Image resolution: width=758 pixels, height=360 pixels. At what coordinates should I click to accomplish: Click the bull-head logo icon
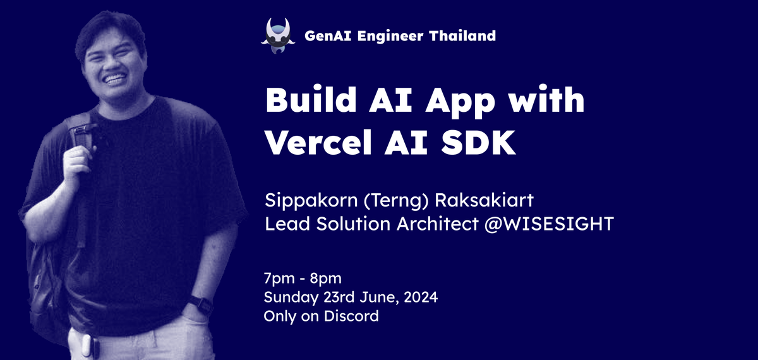coord(277,36)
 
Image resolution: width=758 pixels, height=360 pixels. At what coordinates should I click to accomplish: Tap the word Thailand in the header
coord(462,36)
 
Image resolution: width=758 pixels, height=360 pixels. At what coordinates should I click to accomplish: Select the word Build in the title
coord(311,100)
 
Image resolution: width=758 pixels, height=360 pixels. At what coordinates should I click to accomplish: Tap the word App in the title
coord(460,102)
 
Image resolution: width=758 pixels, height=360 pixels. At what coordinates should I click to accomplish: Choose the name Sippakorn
coord(311,201)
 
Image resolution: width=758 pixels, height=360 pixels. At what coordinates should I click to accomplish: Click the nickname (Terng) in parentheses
coord(396,201)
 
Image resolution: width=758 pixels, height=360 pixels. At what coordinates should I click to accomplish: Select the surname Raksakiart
coord(484,200)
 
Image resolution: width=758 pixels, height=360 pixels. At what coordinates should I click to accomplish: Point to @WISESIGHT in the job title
coord(549,224)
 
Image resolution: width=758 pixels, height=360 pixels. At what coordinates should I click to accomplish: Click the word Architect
coord(438,224)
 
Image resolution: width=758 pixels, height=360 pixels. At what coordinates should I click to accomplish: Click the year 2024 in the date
coord(421,297)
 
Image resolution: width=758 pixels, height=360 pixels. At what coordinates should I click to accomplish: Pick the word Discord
coord(351,316)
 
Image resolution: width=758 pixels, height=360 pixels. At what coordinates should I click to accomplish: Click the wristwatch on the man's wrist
coord(202,305)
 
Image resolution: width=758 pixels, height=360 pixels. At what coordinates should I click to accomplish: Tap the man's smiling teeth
coord(114,79)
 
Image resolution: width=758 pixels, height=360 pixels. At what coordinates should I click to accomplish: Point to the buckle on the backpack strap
coord(82,130)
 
